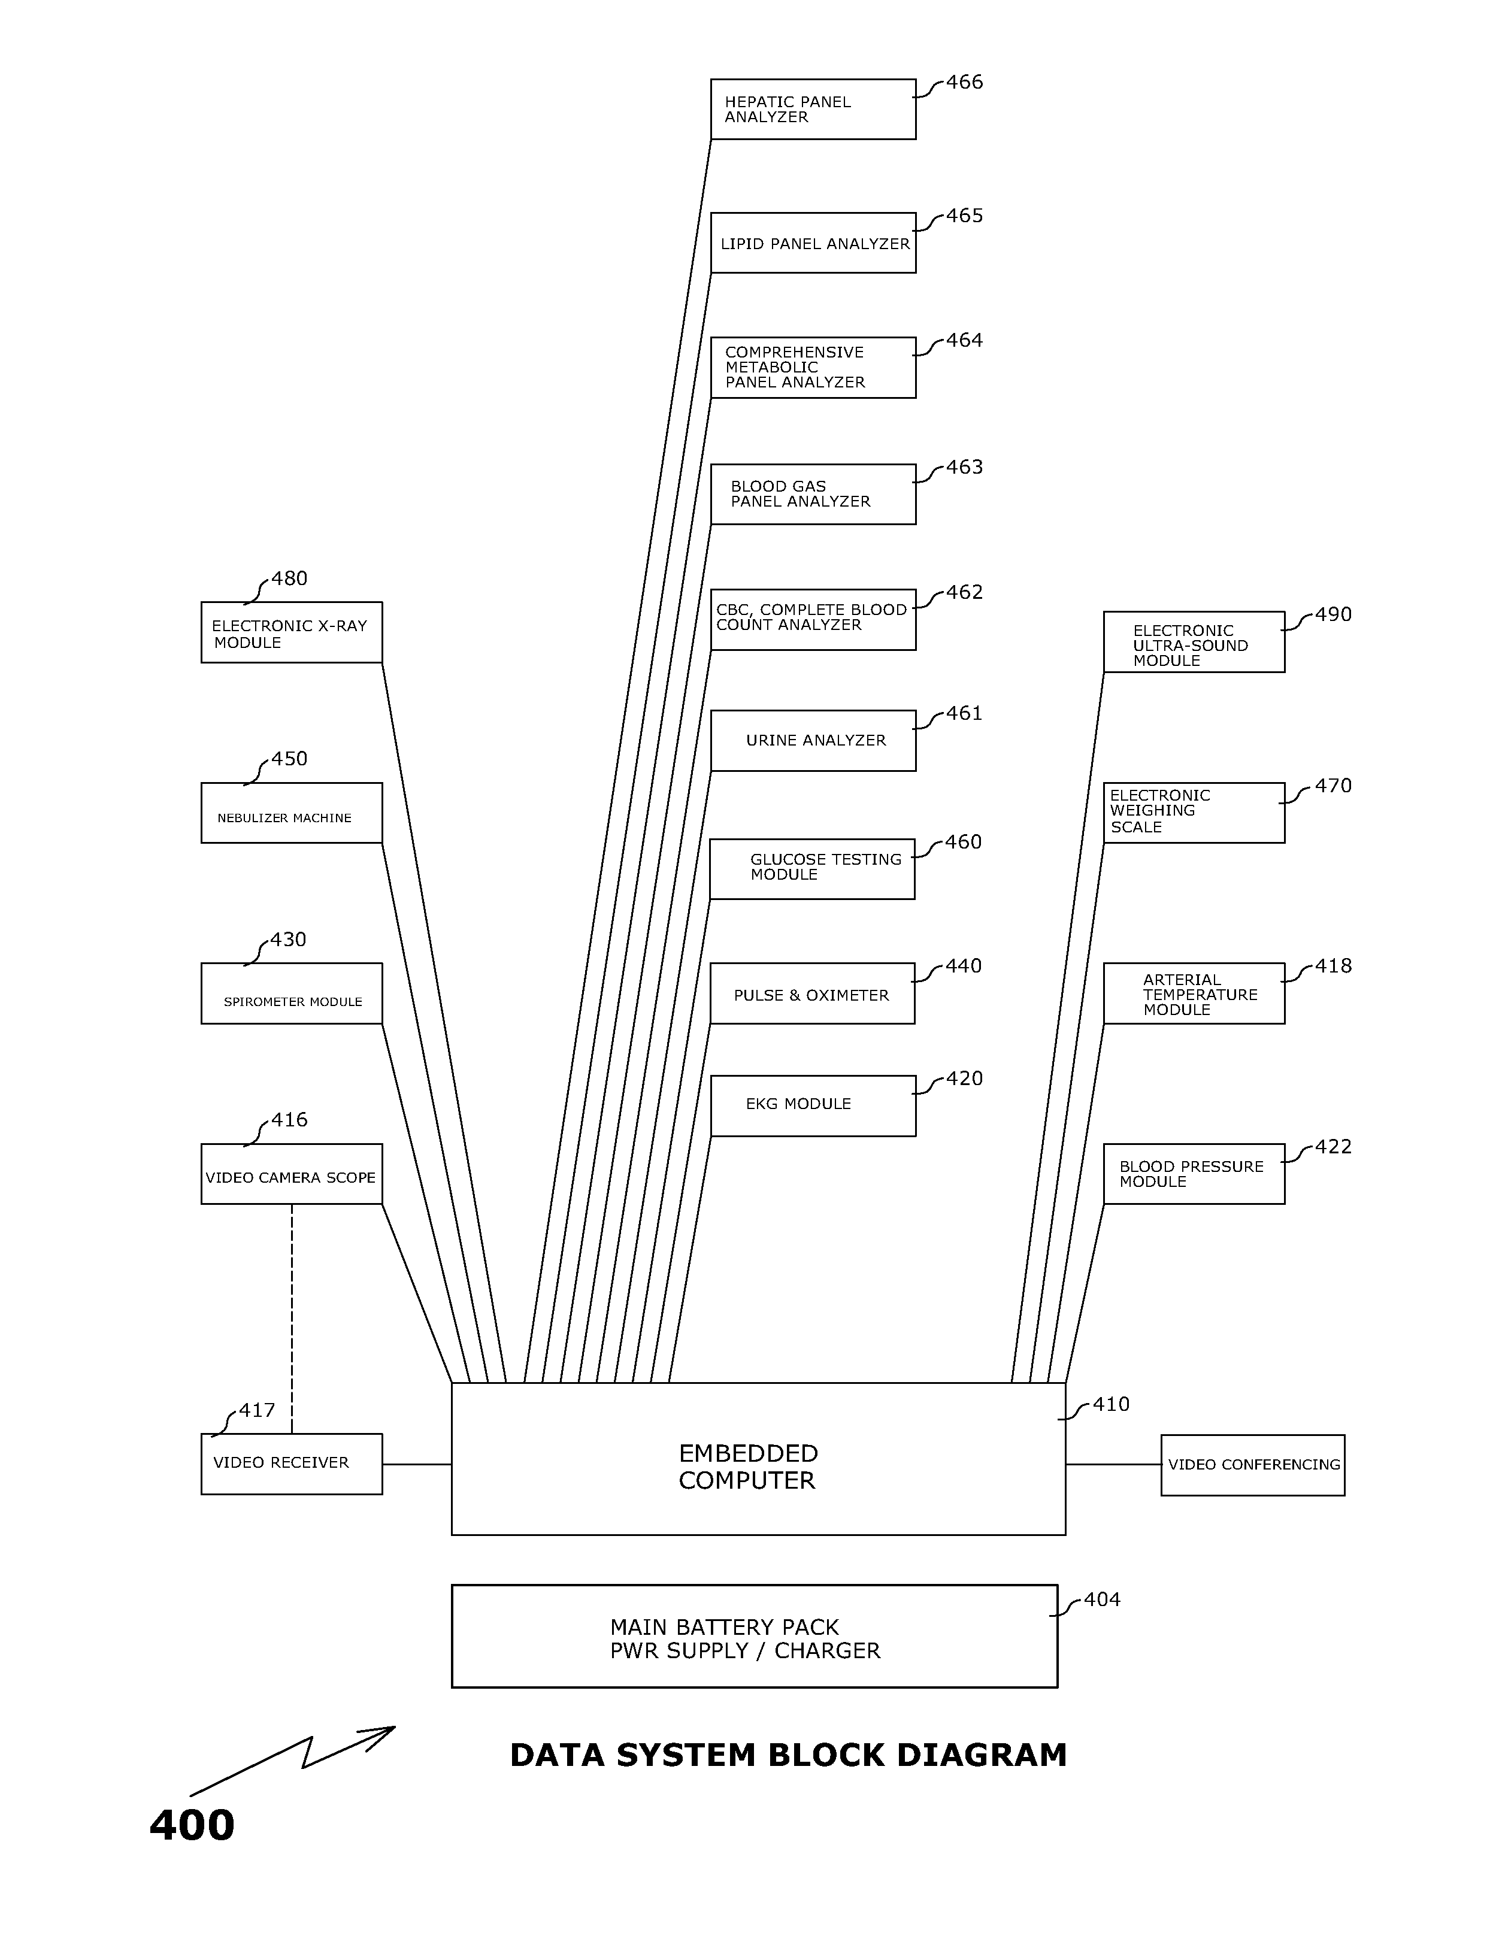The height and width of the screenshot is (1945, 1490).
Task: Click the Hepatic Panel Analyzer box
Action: click(x=813, y=109)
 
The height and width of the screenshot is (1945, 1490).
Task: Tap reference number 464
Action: click(x=964, y=341)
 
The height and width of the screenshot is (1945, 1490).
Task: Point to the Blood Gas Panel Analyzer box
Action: click(x=813, y=494)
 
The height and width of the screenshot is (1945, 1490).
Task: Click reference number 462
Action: click(x=964, y=592)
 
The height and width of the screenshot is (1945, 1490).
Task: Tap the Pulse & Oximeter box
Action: click(x=811, y=993)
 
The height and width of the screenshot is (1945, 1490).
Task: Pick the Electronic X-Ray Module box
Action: click(x=291, y=632)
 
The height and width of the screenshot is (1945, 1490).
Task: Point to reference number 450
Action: click(x=289, y=759)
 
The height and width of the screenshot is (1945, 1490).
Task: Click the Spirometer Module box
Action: click(x=291, y=993)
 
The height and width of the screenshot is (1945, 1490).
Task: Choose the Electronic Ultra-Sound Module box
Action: click(x=1194, y=642)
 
